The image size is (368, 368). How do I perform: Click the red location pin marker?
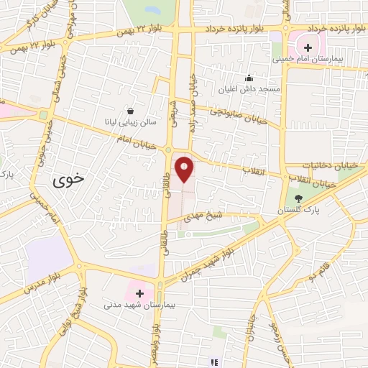pos(185,169)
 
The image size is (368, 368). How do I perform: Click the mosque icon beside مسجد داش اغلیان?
pos(249,78)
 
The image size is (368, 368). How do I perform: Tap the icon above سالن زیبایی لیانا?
pos(130,111)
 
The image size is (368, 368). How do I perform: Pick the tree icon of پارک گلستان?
pos(299,197)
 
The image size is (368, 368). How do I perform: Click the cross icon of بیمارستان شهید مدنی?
pos(139,294)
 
